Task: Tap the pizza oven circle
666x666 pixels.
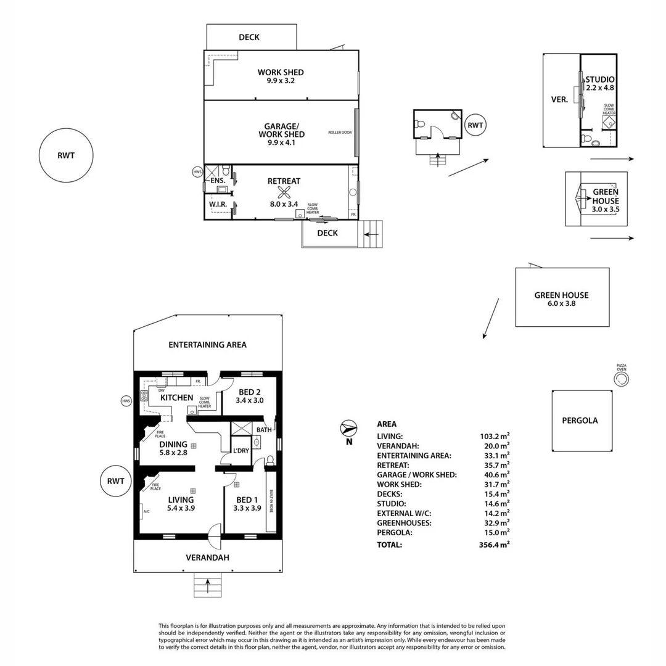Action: (621, 379)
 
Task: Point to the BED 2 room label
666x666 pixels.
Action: (249, 390)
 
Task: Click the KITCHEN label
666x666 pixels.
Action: (177, 398)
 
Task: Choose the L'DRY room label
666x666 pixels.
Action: (240, 451)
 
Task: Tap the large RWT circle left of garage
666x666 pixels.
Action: (65, 155)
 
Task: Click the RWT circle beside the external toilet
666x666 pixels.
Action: (475, 126)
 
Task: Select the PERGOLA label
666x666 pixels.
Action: (580, 421)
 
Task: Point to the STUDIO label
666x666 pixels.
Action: (600, 79)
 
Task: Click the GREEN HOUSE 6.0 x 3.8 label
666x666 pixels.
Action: (561, 299)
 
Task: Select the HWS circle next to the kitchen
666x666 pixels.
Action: (126, 401)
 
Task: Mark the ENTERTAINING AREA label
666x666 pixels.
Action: (207, 345)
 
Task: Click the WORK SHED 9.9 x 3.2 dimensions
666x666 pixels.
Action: (281, 80)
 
